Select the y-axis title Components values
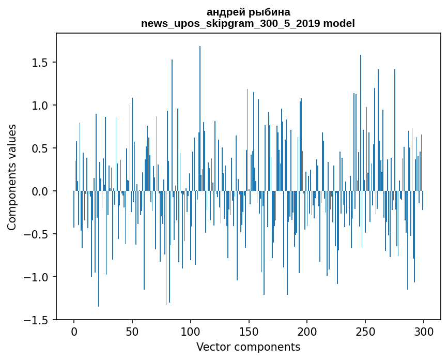pyautogui.click(x=12, y=177)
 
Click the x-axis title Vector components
pyautogui.click(x=248, y=347)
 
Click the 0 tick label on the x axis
pyautogui.click(x=74, y=331)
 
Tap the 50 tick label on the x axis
pyautogui.click(x=132, y=331)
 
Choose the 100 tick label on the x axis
pyautogui.click(x=191, y=331)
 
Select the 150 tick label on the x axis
pyautogui.click(x=249, y=331)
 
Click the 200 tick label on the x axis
pyautogui.click(x=307, y=331)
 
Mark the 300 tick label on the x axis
pyautogui.click(x=424, y=331)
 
